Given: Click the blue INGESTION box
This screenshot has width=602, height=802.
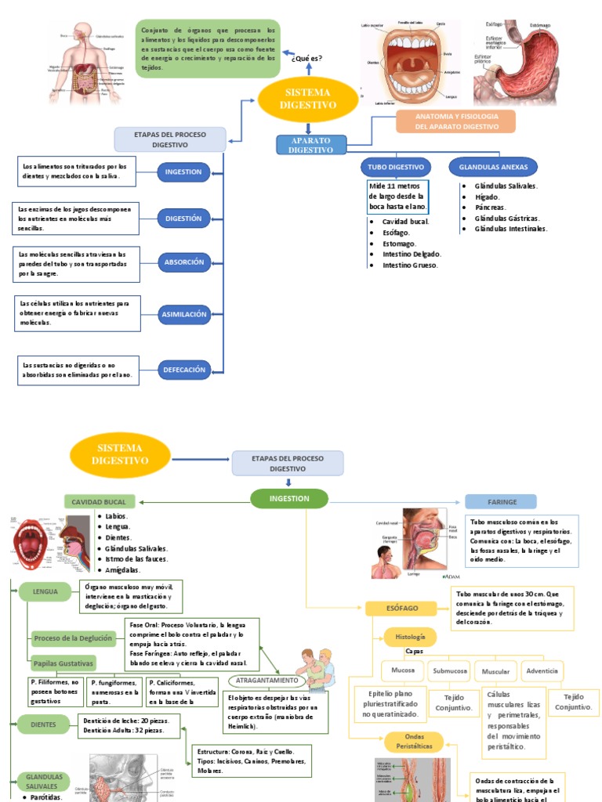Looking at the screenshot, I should (183, 172).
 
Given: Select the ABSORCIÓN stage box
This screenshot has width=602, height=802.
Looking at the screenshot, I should (183, 262).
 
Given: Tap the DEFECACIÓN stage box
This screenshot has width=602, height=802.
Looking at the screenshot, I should (183, 370).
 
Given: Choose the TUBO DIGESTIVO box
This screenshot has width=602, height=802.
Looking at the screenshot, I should (396, 167).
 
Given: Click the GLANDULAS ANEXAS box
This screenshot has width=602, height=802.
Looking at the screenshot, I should (493, 167).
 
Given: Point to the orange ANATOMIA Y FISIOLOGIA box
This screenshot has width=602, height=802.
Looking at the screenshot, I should (455, 121).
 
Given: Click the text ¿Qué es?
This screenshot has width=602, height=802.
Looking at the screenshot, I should (306, 59).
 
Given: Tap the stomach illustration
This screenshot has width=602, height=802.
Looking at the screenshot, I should (517, 63).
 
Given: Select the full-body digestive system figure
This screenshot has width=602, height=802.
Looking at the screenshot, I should (85, 63).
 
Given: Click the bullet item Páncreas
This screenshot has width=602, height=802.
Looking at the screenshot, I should (490, 208).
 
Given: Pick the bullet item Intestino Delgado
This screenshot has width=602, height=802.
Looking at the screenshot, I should (412, 254).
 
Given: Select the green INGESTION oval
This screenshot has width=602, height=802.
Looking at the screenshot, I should (289, 498).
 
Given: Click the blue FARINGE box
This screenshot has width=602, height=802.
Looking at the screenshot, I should (501, 501).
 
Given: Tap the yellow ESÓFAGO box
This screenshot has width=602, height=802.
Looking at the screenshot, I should (401, 608).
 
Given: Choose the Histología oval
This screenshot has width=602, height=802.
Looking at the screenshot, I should (410, 637).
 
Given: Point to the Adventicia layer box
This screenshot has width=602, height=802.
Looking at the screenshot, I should (542, 671).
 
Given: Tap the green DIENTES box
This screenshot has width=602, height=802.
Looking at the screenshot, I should (43, 724).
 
